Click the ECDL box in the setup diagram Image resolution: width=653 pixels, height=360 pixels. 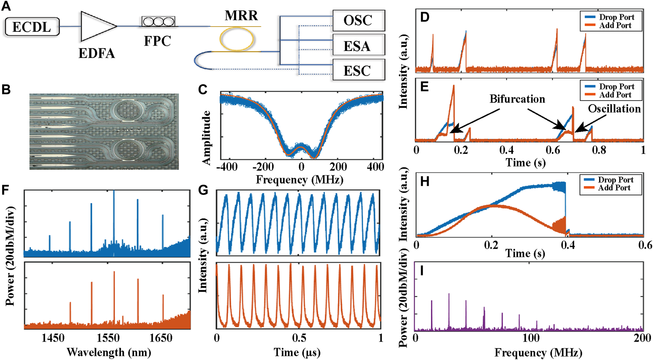(x=32, y=27)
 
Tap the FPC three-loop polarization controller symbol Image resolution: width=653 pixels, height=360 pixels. (x=158, y=22)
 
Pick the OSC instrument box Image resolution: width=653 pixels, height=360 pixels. (x=358, y=21)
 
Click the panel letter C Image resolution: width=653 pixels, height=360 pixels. (x=203, y=90)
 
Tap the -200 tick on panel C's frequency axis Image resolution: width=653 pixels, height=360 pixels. (x=263, y=167)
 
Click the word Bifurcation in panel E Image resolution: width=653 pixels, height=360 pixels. (x=517, y=99)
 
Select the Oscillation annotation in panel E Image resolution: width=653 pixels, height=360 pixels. (x=614, y=109)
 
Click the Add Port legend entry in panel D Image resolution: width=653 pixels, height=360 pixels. (x=615, y=25)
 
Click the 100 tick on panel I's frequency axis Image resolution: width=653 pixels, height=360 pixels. (x=531, y=338)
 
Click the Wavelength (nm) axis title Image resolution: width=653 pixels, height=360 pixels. (x=109, y=352)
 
